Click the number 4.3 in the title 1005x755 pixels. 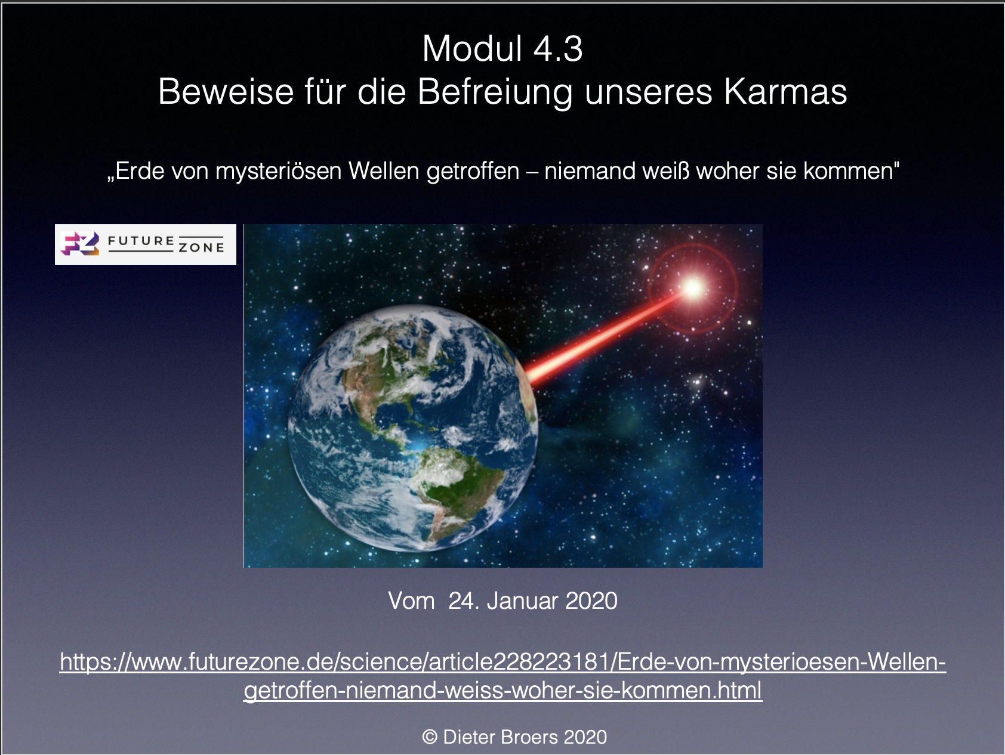(557, 48)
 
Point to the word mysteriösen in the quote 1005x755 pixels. (278, 171)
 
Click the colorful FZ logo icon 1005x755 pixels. (80, 244)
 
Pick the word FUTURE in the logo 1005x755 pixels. (141, 241)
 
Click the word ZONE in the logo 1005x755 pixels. (202, 247)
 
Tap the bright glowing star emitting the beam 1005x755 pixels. (693, 289)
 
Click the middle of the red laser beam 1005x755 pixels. (606, 336)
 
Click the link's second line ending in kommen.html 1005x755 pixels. (503, 691)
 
